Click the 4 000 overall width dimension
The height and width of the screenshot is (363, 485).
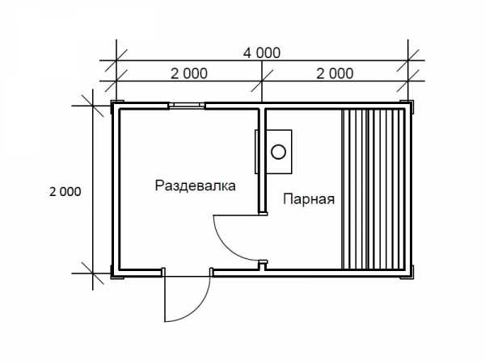(x=262, y=53)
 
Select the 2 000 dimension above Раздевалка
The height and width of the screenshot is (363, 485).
(x=189, y=73)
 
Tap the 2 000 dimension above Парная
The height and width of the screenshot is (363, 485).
(x=335, y=73)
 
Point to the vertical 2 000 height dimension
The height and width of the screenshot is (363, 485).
(x=65, y=192)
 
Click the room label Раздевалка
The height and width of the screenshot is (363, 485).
(x=195, y=186)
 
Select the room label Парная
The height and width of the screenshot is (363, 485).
(x=309, y=199)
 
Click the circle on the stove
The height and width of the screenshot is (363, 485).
(x=278, y=152)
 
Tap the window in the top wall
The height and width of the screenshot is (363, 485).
(x=187, y=106)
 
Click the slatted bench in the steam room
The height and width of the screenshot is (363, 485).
(x=373, y=189)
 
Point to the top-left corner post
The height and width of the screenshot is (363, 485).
(x=117, y=106)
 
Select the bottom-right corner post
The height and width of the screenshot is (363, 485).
(x=407, y=273)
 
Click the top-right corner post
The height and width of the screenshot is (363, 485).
(x=407, y=106)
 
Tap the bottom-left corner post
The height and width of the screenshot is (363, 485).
(x=117, y=273)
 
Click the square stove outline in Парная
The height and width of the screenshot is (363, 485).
(x=279, y=152)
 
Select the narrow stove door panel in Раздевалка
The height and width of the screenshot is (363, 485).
(x=256, y=152)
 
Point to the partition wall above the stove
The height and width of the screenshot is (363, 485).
(x=262, y=119)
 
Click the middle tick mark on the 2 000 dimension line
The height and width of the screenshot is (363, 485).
(x=262, y=81)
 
